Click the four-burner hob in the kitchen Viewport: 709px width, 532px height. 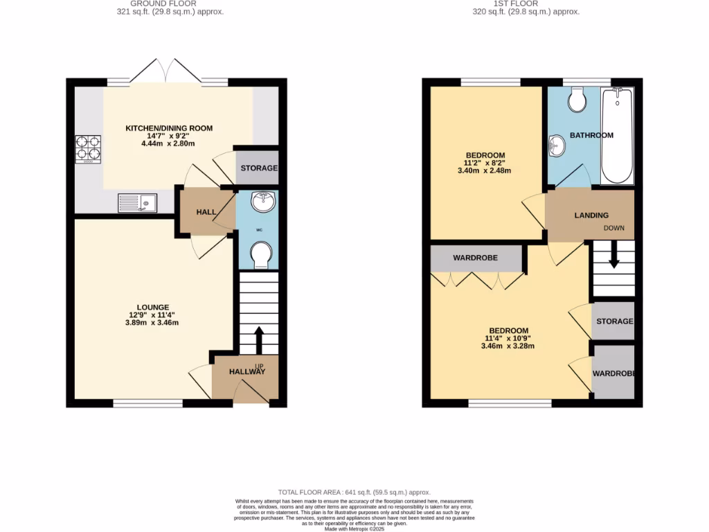89,149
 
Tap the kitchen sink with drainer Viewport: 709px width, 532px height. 137,203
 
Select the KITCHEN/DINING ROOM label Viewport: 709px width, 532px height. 168,128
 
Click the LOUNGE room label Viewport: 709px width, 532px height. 153,307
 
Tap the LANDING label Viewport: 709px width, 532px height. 591,215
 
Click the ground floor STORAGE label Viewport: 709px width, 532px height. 258,168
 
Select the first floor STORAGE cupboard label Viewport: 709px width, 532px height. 614,321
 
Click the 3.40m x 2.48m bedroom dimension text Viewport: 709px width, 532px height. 484,170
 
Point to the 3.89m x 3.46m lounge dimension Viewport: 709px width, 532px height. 153,323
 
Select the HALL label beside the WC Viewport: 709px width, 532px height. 206,212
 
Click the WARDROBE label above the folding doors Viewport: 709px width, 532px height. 475,258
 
